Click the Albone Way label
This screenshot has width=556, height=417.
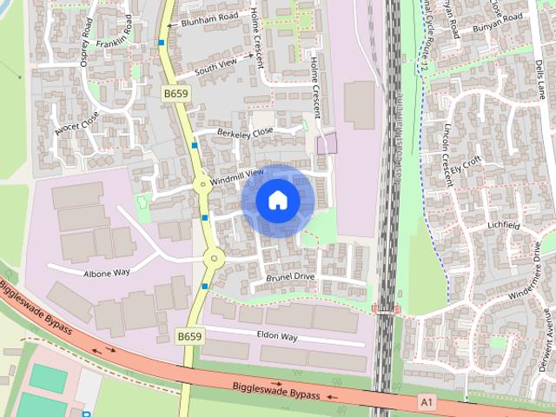click(106, 273)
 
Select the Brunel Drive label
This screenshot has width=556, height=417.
click(290, 276)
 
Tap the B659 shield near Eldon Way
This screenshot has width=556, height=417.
click(190, 335)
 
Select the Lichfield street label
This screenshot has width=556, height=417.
click(503, 225)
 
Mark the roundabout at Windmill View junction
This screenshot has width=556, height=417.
click(202, 184)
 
